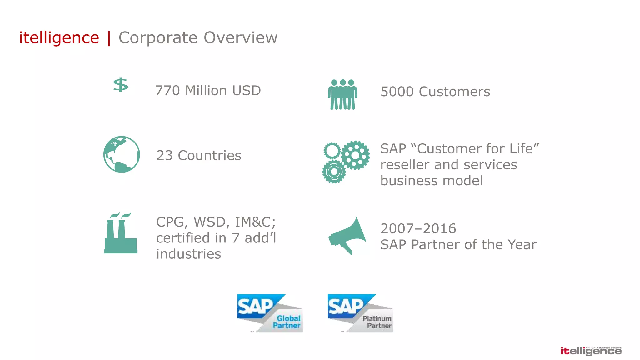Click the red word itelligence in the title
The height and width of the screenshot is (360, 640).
point(59,38)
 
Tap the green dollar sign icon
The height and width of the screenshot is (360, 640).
point(121,85)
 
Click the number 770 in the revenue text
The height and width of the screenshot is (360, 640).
point(167,91)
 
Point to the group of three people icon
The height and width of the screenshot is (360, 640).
point(342,94)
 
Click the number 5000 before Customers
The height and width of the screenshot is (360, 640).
point(397,92)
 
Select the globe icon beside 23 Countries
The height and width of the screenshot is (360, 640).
point(122,154)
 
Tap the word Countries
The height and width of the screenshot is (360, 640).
point(209,156)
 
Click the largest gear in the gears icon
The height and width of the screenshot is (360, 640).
point(355,155)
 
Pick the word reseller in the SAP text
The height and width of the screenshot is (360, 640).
point(405,165)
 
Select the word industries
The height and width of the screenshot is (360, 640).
point(188,254)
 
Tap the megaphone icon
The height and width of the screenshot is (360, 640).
point(347,236)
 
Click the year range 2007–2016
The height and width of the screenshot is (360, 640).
point(418,229)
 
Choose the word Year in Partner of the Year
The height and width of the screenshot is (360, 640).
point(522,245)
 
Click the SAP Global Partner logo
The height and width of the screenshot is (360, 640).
point(270,313)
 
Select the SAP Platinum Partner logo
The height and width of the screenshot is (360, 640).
point(360,313)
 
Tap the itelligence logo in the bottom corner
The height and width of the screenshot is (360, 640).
point(591,351)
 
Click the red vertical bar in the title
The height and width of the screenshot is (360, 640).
point(109,38)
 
